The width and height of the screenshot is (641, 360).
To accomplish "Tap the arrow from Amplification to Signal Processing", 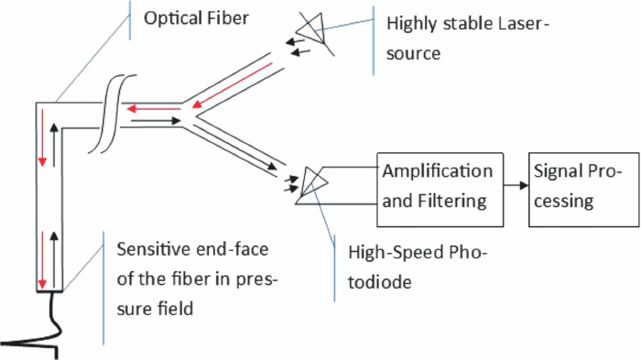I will pos(515,186).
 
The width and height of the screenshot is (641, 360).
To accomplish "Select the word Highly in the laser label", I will pos(414,20).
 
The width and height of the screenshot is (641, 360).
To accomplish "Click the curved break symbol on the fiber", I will pos(107,117).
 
